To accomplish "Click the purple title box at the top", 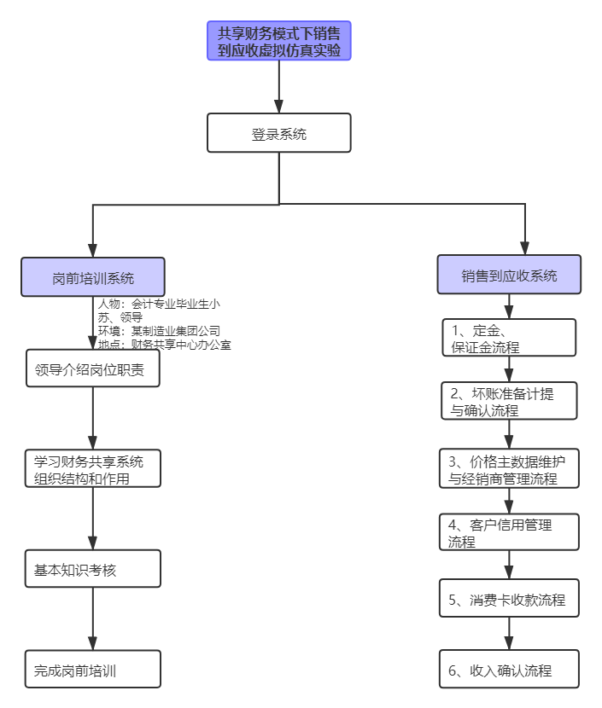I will pyautogui.click(x=279, y=41).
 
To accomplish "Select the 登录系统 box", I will pyautogui.click(x=279, y=134).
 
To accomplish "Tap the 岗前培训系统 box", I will pyautogui.click(x=93, y=278).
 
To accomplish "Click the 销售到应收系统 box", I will pyautogui.click(x=510, y=276).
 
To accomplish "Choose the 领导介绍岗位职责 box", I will pyautogui.click(x=93, y=369).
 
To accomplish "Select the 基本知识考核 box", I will pyautogui.click(x=93, y=569).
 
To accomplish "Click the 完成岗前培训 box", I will pyautogui.click(x=93, y=670).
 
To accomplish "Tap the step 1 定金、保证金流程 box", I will pyautogui.click(x=510, y=338).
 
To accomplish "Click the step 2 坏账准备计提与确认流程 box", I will pyautogui.click(x=510, y=401).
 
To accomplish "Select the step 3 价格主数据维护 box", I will pyautogui.click(x=510, y=469).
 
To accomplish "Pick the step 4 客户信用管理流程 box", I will pyautogui.click(x=510, y=532).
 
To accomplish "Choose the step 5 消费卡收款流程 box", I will pyautogui.click(x=510, y=599).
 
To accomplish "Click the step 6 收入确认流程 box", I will pyautogui.click(x=510, y=670).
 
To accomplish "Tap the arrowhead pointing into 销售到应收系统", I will pyautogui.click(x=523, y=247).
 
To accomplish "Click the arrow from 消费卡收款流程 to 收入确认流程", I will pyautogui.click(x=510, y=635).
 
